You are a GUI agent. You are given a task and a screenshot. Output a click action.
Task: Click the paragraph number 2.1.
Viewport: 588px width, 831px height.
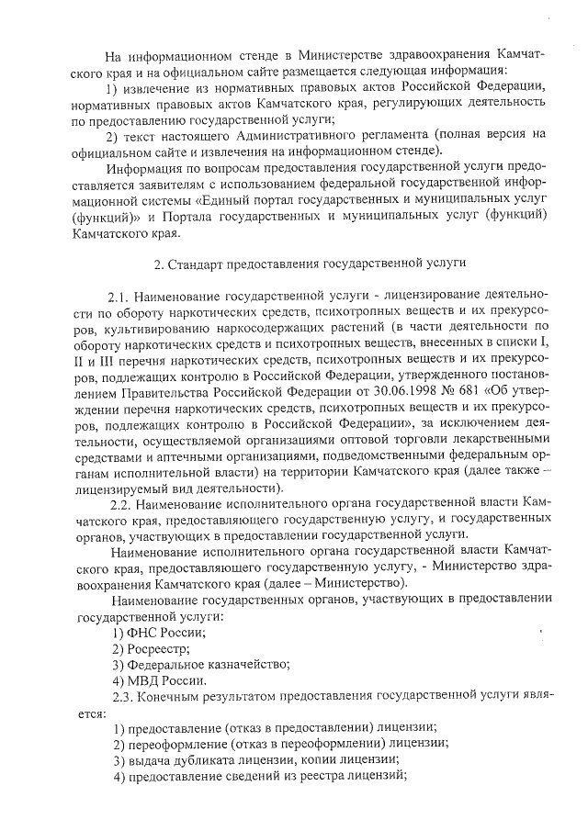click(119, 298)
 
